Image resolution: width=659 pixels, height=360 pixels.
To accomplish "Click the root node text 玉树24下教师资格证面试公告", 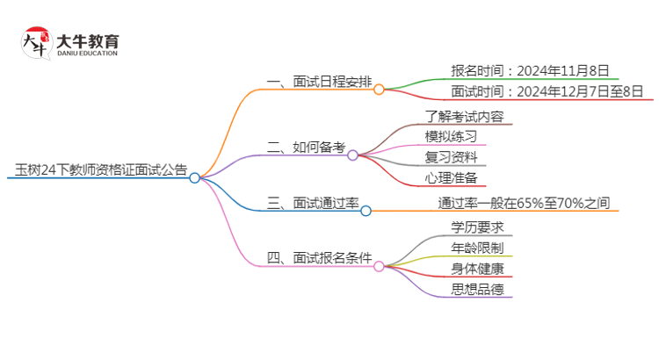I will point(101,169).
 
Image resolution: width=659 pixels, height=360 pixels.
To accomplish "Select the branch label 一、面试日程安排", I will point(319,83).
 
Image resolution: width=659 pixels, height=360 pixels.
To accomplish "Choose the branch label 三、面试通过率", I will point(313,204).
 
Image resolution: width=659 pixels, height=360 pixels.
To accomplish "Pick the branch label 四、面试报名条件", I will point(319,258).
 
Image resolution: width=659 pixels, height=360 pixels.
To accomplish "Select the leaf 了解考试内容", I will point(464,116).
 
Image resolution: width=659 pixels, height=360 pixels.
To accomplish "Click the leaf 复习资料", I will point(451,157).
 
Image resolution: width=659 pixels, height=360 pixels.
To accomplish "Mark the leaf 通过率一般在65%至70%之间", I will point(524,204).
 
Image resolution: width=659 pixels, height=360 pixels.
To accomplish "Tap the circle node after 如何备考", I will point(352,155).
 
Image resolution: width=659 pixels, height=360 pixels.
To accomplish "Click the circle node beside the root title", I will point(194,177).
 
